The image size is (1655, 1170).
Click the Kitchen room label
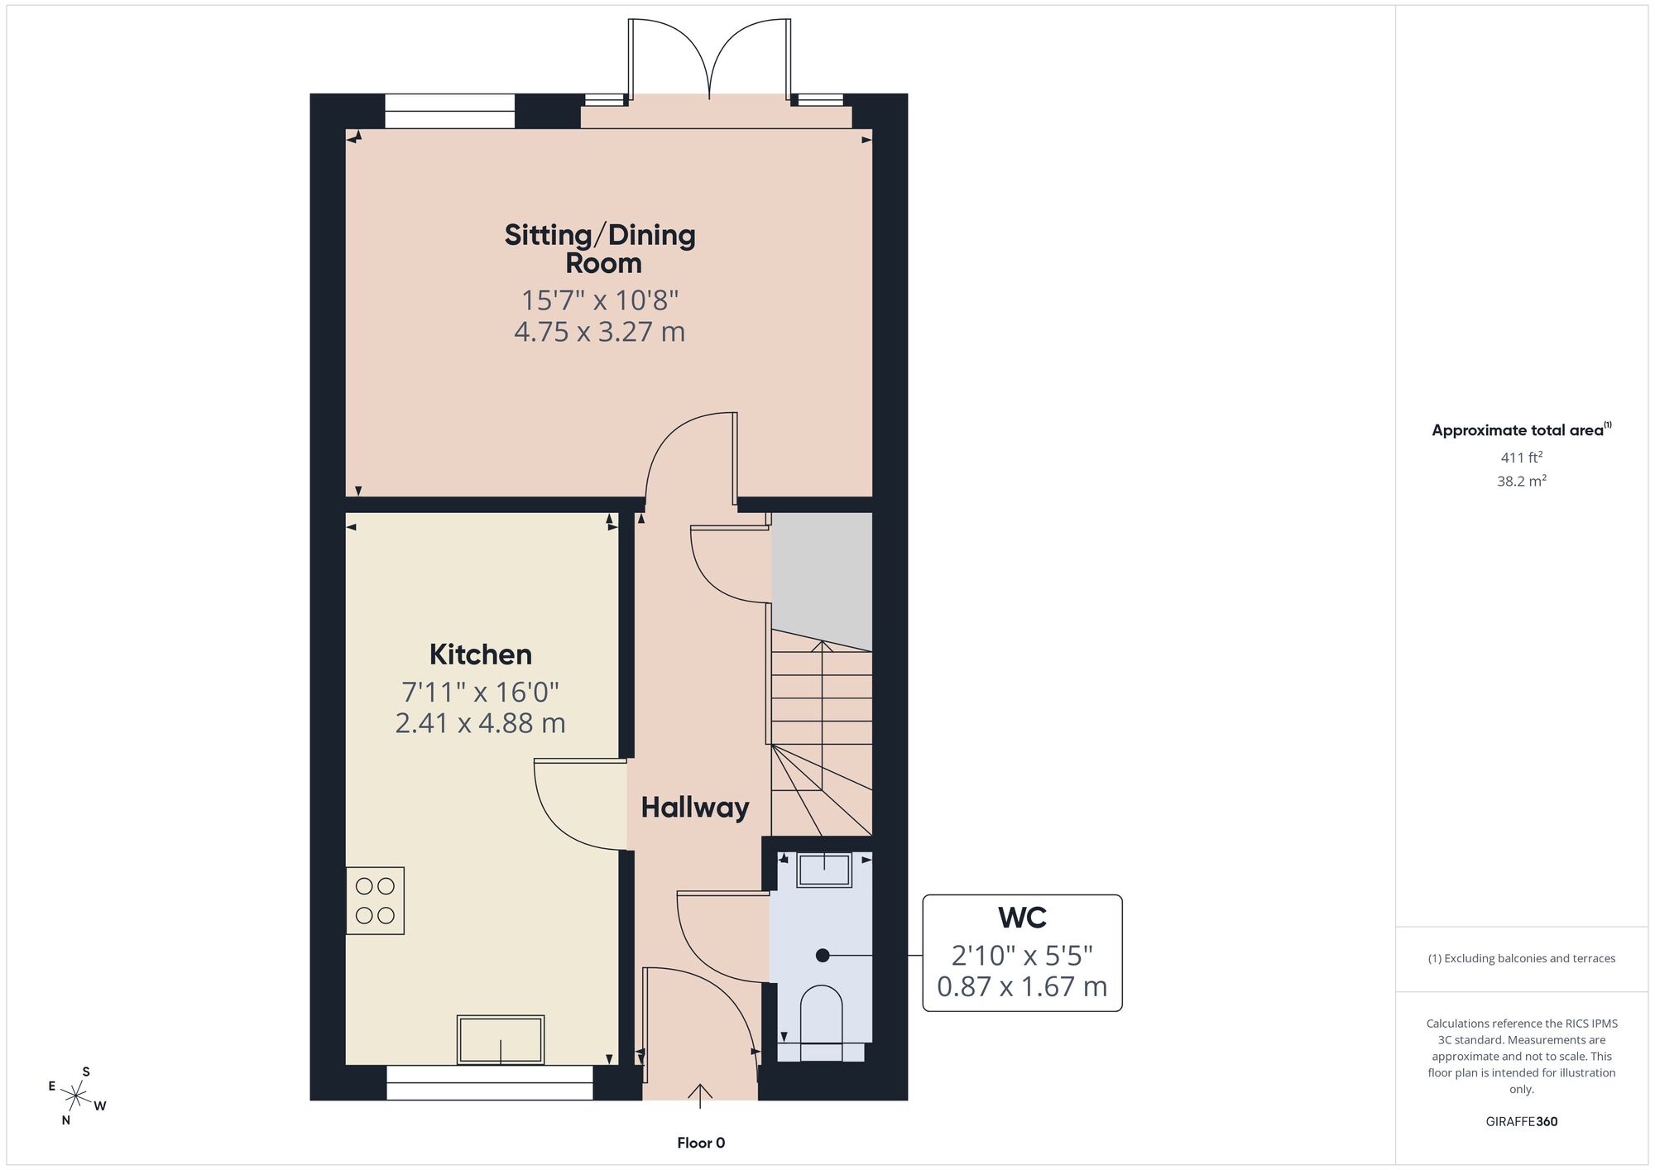(x=480, y=655)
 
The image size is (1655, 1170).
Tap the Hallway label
(x=695, y=808)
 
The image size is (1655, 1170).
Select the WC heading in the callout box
(x=1022, y=918)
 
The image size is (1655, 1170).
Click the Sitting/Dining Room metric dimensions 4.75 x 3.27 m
(x=600, y=332)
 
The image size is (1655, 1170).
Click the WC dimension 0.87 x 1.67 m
(x=1022, y=986)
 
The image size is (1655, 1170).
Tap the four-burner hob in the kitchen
(x=375, y=901)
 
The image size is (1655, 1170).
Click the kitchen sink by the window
(x=501, y=1039)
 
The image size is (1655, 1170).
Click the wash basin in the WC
(x=823, y=870)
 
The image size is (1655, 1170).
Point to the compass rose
(x=76, y=1097)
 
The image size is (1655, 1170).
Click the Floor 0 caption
(x=701, y=1143)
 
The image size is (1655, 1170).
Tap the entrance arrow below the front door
(x=700, y=1096)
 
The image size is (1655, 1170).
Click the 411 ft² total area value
(x=1522, y=457)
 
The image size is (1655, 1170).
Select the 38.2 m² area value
(x=1522, y=481)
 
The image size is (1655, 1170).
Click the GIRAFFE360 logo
(x=1522, y=1122)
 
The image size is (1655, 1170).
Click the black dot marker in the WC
(x=823, y=956)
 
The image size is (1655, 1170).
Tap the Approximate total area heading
(x=1522, y=429)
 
